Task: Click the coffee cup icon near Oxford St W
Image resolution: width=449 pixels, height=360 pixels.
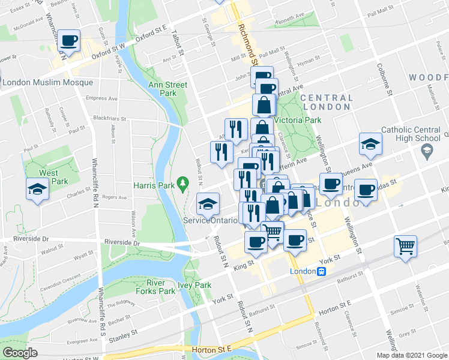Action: click(x=69, y=41)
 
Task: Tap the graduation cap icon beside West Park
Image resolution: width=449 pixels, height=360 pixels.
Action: click(x=37, y=190)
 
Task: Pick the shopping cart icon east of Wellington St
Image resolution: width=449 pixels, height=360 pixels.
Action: click(x=405, y=246)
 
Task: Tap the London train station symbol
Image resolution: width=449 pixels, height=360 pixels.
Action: click(x=322, y=271)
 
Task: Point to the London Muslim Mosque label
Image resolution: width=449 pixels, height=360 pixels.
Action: click(x=48, y=83)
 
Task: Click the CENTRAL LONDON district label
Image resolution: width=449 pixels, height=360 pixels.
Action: click(x=327, y=102)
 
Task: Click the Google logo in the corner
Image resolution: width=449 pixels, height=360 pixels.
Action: click(x=20, y=352)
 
